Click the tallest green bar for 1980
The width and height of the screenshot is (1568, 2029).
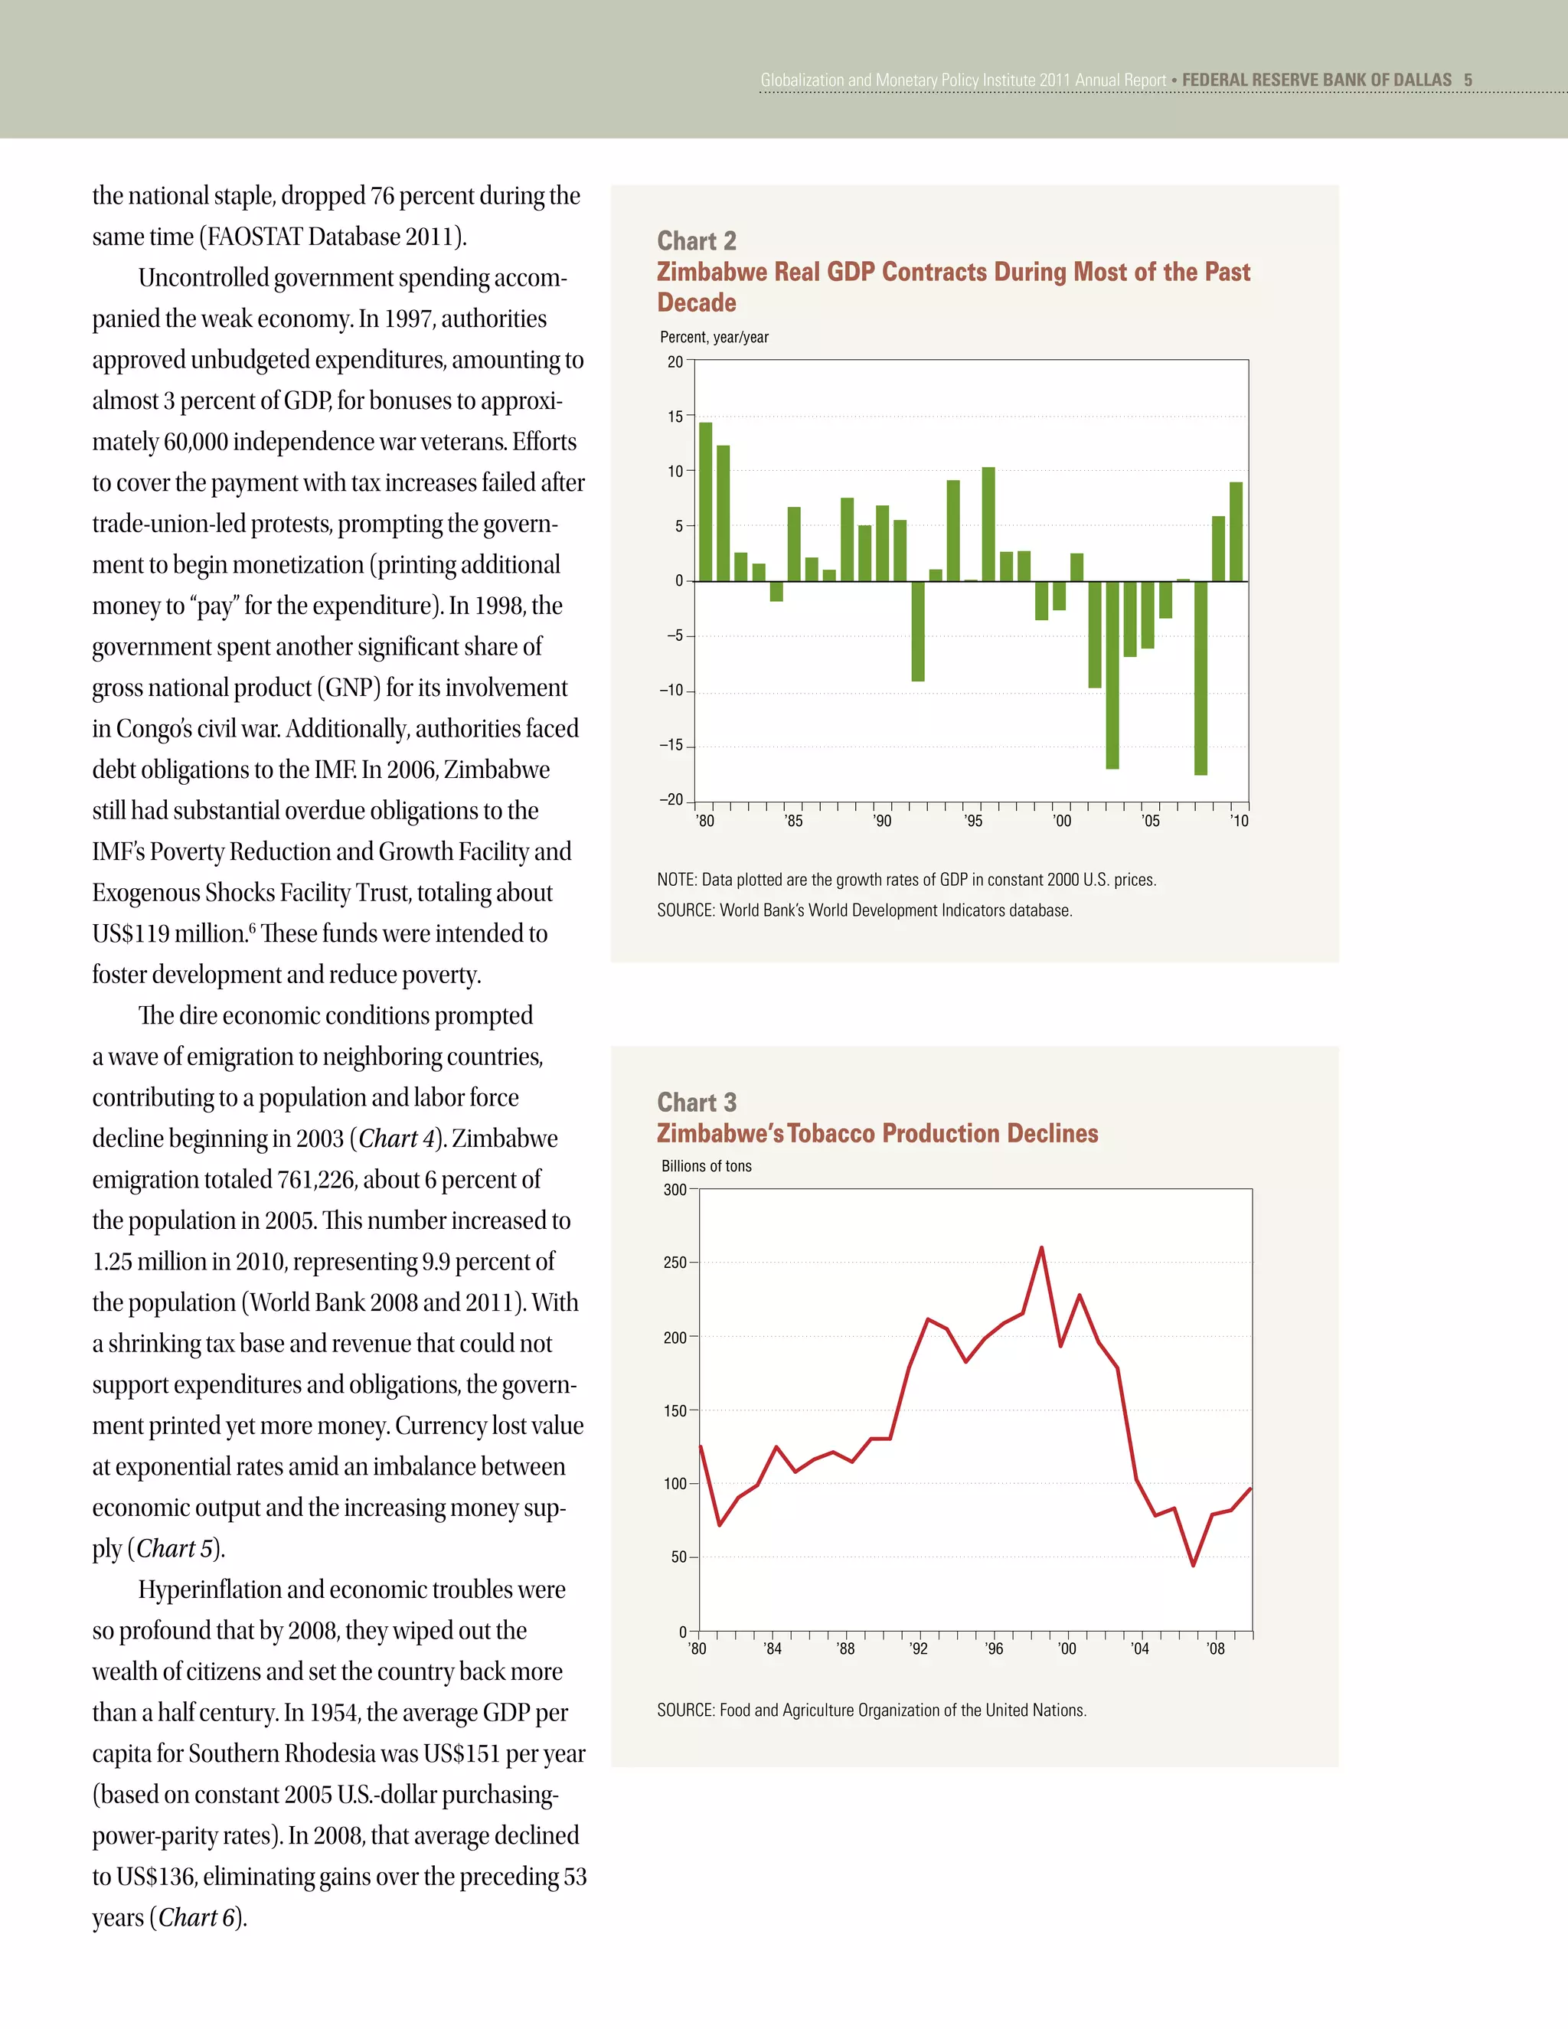(705, 502)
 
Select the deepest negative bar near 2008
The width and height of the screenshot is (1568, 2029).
(1200, 678)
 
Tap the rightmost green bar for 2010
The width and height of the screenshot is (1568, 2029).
(1236, 531)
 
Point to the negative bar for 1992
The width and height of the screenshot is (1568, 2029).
(918, 631)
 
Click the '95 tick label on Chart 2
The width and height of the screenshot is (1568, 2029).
(972, 822)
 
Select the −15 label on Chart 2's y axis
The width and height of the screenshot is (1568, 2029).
(671, 745)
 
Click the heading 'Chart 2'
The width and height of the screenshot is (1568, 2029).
(697, 240)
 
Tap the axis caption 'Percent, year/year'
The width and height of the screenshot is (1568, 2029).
(714, 337)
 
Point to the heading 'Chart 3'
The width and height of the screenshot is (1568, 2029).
(697, 1102)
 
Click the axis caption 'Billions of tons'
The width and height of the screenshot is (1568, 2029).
(706, 1166)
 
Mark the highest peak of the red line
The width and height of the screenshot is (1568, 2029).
(1041, 1248)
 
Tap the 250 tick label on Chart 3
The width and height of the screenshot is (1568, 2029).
(675, 1263)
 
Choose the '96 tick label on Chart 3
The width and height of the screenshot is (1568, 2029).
(994, 1649)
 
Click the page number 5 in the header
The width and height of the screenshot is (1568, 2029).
(1468, 80)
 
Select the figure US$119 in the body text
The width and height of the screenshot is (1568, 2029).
(126, 933)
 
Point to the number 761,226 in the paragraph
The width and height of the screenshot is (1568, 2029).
(316, 1179)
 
